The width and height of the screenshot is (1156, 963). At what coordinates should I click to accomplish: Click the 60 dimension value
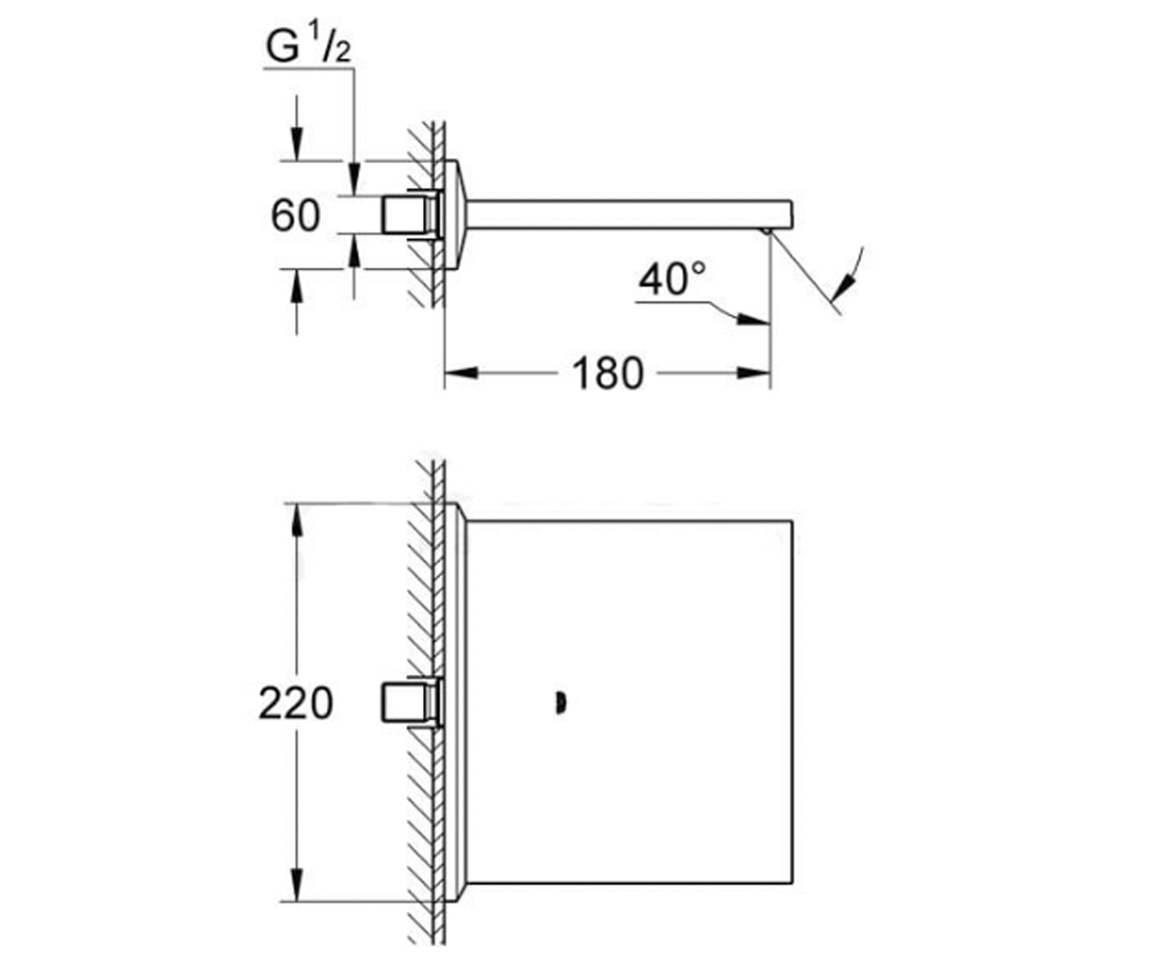coord(295,216)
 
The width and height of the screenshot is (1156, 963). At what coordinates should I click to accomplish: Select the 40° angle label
coord(672,278)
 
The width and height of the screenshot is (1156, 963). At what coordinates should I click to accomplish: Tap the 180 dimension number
coord(607,374)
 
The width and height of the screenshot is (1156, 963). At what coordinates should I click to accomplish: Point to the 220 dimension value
coord(296,703)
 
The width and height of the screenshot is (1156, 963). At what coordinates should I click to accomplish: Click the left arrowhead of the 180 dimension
coord(461,373)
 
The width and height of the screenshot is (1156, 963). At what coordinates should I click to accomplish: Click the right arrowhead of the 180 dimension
coord(753,373)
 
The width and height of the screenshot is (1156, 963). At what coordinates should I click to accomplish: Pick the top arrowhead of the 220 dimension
coord(297,520)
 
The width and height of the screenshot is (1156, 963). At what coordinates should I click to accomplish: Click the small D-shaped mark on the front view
coord(561,704)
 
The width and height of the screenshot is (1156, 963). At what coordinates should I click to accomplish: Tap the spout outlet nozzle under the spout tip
coord(767,231)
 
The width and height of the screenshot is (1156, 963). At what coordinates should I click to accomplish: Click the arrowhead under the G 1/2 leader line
coord(355,179)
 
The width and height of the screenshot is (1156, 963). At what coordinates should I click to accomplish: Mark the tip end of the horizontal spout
coord(792,214)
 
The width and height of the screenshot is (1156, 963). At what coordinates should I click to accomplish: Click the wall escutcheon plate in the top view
coord(457,215)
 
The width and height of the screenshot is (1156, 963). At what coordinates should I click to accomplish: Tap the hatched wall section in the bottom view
coord(427,703)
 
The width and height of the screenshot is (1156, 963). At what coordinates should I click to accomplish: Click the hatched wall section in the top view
coord(427,215)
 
